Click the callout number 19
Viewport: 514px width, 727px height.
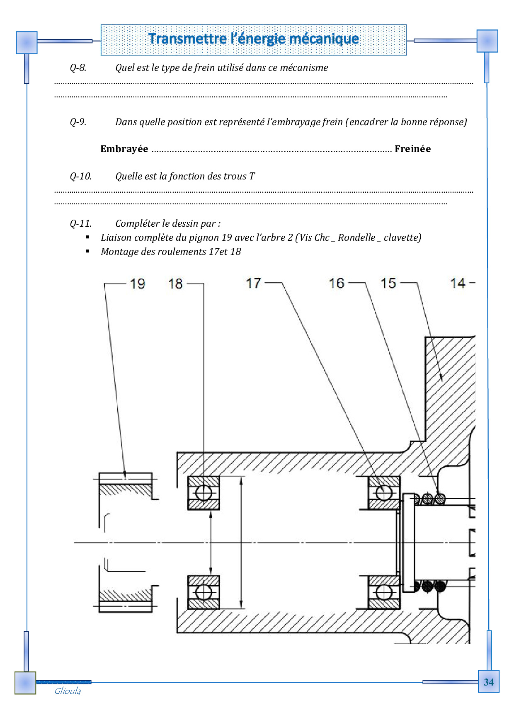click(137, 284)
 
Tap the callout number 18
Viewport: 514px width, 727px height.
click(175, 284)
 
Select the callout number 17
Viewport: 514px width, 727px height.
click(253, 283)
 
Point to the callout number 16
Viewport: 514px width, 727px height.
click(337, 283)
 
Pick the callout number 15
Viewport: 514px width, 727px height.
click(388, 283)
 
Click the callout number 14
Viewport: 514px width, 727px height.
click(458, 283)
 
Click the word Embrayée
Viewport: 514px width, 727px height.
click(124, 149)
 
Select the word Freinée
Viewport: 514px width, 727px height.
click(412, 149)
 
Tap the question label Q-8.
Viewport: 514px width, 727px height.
click(78, 68)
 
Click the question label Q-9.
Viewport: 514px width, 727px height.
click(78, 122)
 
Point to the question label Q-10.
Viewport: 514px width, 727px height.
click(80, 176)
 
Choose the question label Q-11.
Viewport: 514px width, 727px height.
click(80, 223)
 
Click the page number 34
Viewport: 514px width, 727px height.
click(489, 682)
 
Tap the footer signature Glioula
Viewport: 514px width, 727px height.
click(68, 691)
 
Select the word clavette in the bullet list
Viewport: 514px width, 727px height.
click(402, 237)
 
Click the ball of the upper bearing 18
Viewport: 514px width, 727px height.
click(204, 493)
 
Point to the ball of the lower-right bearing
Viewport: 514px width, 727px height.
click(384, 592)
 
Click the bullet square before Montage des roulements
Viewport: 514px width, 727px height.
click(87, 251)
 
